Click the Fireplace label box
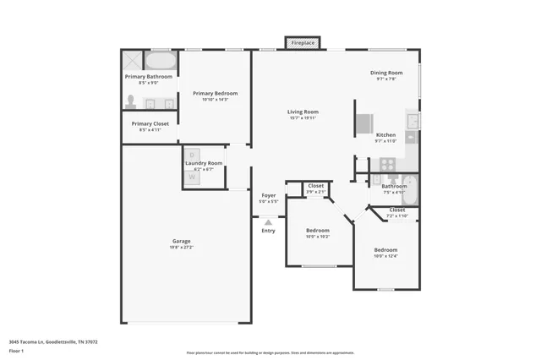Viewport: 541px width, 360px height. [x=303, y=42]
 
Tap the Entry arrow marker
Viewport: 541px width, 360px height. [x=268, y=222]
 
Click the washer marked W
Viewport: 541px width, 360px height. [x=192, y=177]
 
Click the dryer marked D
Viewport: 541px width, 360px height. [x=192, y=155]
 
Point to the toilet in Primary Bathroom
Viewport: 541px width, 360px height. [x=132, y=101]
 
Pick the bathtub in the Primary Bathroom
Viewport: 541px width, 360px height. [x=160, y=62]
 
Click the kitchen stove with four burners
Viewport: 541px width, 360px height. [x=387, y=164]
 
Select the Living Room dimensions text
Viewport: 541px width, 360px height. [x=302, y=117]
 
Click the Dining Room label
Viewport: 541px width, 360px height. [x=385, y=73]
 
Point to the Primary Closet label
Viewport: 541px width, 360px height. [x=150, y=124]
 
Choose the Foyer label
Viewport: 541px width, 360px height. [x=268, y=195]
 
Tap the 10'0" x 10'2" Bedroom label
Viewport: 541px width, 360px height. [x=318, y=230]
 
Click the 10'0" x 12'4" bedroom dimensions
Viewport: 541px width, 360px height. [x=385, y=255]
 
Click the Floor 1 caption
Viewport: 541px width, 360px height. [x=16, y=351]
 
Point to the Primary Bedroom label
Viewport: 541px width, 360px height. [x=215, y=93]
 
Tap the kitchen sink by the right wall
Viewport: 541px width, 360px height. [x=412, y=122]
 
